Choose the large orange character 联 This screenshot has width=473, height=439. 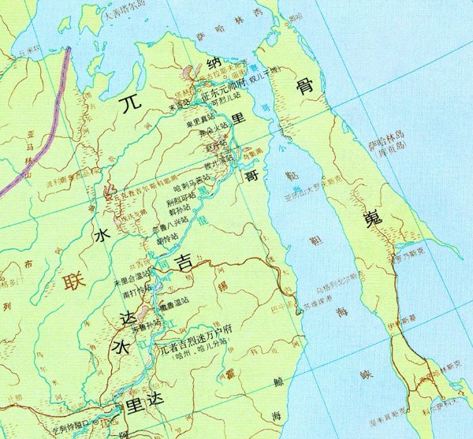pos(75,279)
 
